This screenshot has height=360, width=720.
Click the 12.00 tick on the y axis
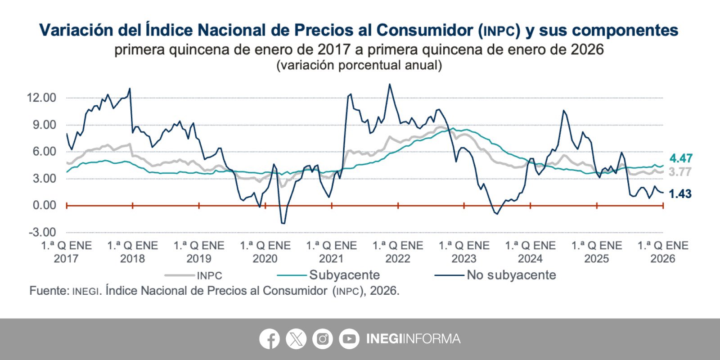point(41,98)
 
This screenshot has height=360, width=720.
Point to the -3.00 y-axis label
point(42,232)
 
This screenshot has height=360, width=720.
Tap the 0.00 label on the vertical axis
point(44,205)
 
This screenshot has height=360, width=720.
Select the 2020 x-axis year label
point(265,259)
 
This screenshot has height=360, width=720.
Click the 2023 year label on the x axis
point(464,259)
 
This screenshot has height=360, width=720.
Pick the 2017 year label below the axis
point(66,259)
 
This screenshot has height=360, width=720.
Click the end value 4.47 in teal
point(680,158)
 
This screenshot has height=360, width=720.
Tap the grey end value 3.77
point(679,172)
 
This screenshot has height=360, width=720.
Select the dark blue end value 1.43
point(680,194)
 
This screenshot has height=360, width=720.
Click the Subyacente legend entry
point(344,275)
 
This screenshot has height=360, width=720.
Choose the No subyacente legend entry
point(511,275)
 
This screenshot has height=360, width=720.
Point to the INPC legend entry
point(209,275)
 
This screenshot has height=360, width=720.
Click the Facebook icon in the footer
point(270,339)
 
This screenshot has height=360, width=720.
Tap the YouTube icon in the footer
point(349,339)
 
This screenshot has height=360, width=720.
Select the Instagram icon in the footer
point(323,339)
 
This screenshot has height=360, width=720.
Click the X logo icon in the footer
point(296,339)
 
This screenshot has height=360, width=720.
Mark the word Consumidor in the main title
point(424,30)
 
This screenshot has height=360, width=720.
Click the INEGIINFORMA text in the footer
point(413,339)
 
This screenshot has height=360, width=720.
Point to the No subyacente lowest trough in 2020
point(283,223)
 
